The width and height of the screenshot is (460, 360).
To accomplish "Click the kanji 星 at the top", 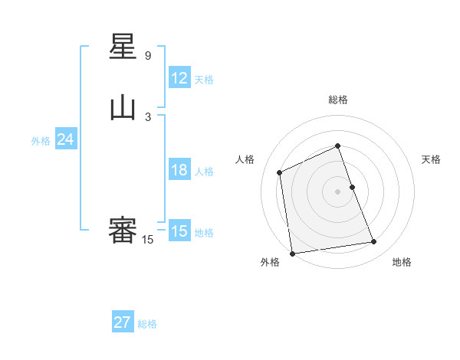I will [123, 49].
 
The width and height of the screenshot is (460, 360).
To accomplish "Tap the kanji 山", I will [123, 109].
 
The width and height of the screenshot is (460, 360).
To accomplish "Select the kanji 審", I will [123, 231].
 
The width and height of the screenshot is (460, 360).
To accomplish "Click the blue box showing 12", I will [179, 77].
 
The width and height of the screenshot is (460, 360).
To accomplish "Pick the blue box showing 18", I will [179, 170].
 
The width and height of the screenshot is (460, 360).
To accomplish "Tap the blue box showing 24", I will [65, 139].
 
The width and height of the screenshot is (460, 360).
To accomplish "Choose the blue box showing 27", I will [122, 322].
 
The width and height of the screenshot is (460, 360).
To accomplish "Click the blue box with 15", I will [179, 231].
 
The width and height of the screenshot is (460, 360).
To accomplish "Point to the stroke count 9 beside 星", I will [148, 56].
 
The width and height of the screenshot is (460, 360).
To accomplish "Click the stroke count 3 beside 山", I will [148, 116].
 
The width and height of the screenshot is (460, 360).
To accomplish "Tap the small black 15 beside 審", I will [148, 240].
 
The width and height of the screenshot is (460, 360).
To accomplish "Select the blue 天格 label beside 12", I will [204, 79].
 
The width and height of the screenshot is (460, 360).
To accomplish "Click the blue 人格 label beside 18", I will [204, 172].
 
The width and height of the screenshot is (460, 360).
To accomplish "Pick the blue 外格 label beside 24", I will [41, 141].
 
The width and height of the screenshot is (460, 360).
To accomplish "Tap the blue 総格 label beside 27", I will [147, 324].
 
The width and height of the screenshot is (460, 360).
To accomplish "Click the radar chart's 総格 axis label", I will [338, 100].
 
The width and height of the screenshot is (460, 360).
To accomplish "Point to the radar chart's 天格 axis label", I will [431, 159].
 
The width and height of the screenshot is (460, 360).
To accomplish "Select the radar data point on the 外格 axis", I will [292, 253].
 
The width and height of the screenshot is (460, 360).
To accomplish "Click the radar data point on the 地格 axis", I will [374, 242].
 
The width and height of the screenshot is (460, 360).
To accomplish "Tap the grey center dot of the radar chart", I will [338, 191].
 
